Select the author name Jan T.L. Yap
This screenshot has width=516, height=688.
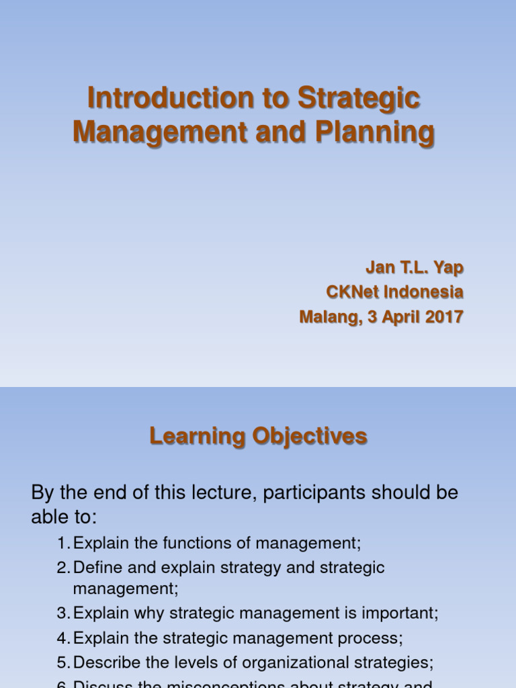(x=415, y=267)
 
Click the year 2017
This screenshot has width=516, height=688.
(x=443, y=316)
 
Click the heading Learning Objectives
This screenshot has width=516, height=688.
(x=258, y=437)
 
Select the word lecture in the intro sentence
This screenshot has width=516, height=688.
(x=220, y=492)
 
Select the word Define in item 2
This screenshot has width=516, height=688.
(x=93, y=568)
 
